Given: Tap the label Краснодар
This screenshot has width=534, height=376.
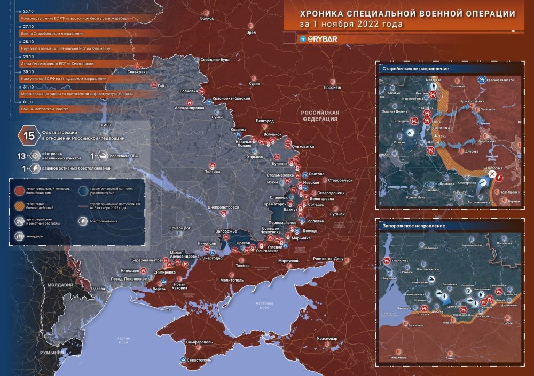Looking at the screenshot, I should [326, 339].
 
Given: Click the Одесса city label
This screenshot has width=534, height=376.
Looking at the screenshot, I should [98, 288].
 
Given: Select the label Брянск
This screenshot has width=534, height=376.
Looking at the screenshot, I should [206, 18].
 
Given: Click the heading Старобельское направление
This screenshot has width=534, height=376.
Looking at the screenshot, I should [415, 69].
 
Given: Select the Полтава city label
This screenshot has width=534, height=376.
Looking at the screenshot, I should [212, 172].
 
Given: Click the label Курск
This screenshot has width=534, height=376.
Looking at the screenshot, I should [254, 84].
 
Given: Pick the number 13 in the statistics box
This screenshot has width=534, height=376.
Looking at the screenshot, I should [22, 156].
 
